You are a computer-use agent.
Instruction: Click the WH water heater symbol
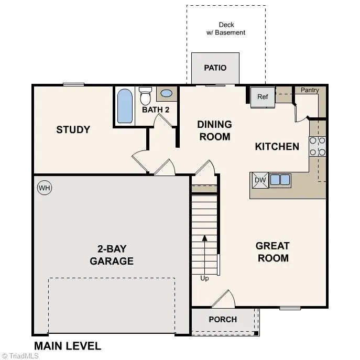[x=45, y=188]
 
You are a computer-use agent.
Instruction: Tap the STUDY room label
[x=73, y=129]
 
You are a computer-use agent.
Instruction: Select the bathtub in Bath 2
[x=125, y=106]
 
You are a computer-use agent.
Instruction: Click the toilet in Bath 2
[x=146, y=96]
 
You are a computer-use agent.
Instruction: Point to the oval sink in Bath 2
[x=166, y=94]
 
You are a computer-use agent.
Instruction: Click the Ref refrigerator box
[x=263, y=97]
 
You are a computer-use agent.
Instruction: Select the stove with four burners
[x=318, y=146]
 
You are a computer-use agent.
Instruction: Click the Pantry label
[x=310, y=90]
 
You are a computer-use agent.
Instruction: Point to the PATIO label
[x=215, y=68]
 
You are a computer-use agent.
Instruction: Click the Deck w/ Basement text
[x=226, y=28]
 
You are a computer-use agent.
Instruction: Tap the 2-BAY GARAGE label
[x=112, y=255]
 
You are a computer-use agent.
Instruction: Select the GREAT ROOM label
[x=272, y=252]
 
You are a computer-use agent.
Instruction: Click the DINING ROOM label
[x=214, y=130]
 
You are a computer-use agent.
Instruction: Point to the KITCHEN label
[x=277, y=146]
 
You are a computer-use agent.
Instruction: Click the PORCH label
[x=223, y=319]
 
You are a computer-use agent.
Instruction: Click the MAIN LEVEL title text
[x=68, y=346]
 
